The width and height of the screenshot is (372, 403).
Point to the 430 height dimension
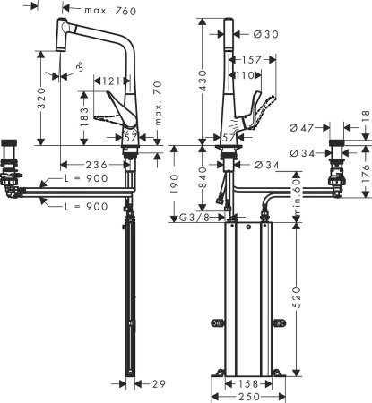click(203, 83)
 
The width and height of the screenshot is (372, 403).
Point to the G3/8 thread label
click(195, 219)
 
